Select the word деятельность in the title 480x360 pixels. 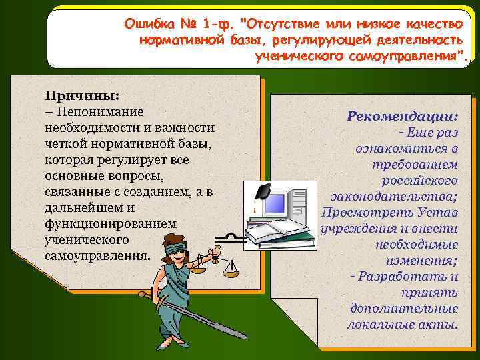(419, 40)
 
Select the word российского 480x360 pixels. (419, 180)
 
